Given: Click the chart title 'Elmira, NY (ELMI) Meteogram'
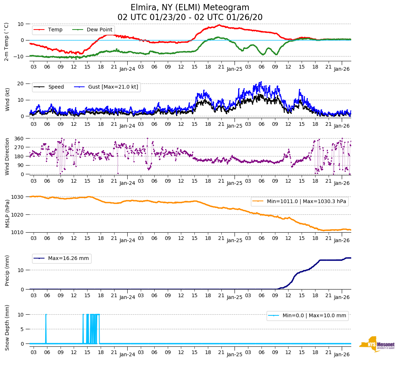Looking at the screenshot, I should tap(190, 8).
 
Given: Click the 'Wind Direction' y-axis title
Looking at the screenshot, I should tap(7, 156).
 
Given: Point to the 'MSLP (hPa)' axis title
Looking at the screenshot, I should tap(7, 214).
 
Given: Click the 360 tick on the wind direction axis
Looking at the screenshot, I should tap(19, 139).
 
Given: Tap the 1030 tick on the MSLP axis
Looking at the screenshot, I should tap(18, 197).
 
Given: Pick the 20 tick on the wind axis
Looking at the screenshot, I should tap(21, 84).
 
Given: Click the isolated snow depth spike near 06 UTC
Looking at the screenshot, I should tap(46, 328).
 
